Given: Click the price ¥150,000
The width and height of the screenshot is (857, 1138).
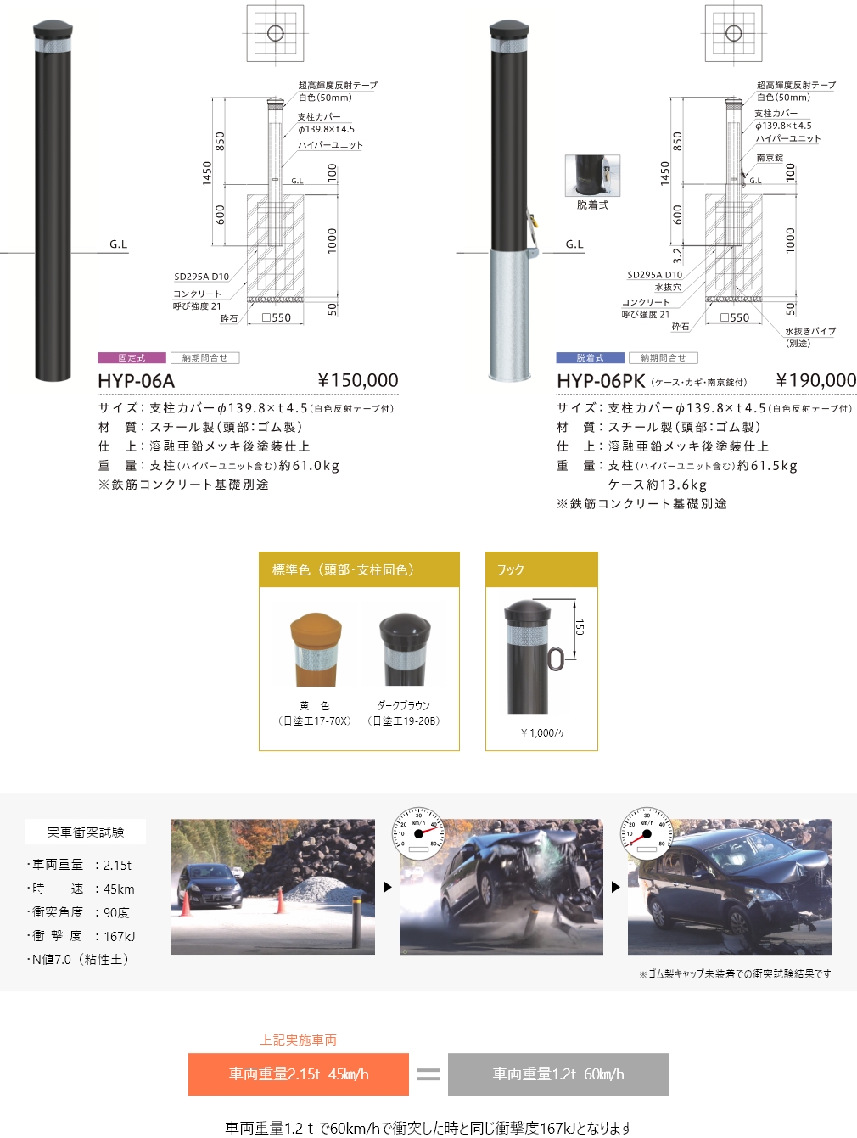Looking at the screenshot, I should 357,381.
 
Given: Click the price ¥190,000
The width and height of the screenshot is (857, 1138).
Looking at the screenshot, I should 815,381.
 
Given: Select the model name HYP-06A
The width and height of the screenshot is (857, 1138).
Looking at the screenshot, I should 136,382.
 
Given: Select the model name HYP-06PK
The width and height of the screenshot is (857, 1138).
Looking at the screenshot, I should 601,382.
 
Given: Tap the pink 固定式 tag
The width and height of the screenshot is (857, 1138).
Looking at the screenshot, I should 132,358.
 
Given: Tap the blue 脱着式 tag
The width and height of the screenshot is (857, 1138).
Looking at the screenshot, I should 590,358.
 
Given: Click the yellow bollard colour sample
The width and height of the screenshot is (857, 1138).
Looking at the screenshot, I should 316,650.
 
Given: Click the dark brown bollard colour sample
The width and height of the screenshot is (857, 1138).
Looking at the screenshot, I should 405,650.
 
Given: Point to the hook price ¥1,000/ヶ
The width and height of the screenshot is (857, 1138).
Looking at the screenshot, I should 542,733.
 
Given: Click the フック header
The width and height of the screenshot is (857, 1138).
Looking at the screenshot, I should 511,570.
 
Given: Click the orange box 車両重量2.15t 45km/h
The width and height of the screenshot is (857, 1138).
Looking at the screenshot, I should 299,1074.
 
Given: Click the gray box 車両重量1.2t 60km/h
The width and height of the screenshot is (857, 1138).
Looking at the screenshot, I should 558,1074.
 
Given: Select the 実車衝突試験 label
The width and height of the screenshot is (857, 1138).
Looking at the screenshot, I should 86,832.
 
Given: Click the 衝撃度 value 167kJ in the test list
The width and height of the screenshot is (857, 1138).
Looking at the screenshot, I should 119,937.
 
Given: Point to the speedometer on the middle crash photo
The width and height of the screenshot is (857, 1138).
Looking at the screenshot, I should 418,832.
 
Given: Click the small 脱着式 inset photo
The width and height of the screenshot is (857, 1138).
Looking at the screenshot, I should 592,176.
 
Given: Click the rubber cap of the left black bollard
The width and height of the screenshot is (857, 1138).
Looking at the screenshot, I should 52,27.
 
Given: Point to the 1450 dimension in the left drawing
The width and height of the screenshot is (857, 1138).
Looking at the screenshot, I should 207,173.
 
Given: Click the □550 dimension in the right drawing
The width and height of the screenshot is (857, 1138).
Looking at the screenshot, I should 735,318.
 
